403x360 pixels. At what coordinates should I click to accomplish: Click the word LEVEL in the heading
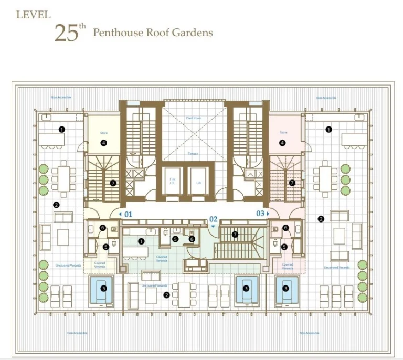point(34,15)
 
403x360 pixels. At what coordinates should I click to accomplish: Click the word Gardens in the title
point(194,33)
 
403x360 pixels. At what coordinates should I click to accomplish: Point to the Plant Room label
point(194,118)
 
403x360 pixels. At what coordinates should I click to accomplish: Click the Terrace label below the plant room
point(194,154)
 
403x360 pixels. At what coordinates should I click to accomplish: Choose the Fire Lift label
point(171,181)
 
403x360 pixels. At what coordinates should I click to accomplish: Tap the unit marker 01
point(126,214)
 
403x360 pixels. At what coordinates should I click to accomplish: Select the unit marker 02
point(213,220)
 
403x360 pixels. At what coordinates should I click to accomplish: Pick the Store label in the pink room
point(283,133)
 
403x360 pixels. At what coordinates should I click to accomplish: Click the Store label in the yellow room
point(103,133)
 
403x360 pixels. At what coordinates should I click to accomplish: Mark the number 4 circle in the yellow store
point(104,142)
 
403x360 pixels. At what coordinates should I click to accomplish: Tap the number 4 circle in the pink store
point(283,142)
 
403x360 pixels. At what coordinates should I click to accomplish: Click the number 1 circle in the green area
point(141,241)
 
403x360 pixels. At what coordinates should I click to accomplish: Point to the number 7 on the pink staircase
point(292,183)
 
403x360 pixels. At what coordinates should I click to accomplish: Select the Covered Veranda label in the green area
point(162,259)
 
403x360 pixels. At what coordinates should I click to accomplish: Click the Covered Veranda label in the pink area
point(287,266)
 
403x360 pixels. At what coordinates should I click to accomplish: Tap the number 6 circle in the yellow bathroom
point(103,228)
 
